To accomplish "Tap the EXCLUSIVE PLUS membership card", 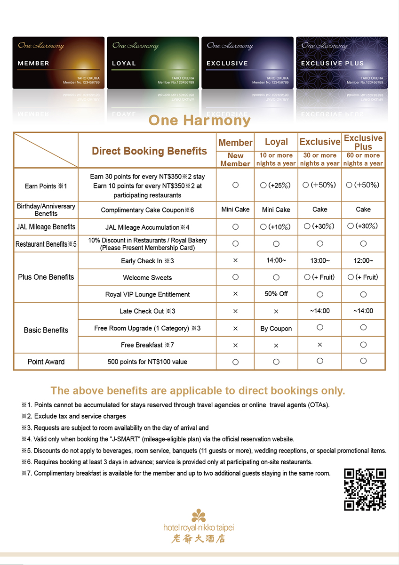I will (x=342, y=63).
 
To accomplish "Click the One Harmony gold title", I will (x=199, y=121).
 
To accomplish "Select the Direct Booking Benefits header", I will (x=149, y=151).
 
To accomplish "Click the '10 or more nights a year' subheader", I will (x=276, y=159).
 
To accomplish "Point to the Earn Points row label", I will (x=46, y=186).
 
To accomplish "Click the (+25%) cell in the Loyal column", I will (x=276, y=185).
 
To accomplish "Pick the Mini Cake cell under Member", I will (x=235, y=210).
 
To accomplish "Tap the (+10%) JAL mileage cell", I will (x=276, y=227).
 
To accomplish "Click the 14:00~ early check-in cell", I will (x=276, y=260).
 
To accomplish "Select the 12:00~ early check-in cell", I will (x=363, y=260).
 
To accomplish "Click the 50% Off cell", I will (x=276, y=294).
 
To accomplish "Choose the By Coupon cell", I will (x=276, y=328).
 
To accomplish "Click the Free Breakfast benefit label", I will (x=147, y=345).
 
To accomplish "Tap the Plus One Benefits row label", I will (x=46, y=277).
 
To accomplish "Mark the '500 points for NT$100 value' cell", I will (x=147, y=362).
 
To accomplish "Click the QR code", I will (x=365, y=490).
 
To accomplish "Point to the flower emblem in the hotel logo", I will (x=199, y=516).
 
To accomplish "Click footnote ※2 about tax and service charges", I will (x=74, y=416).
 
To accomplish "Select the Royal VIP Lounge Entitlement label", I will (x=147, y=294).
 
